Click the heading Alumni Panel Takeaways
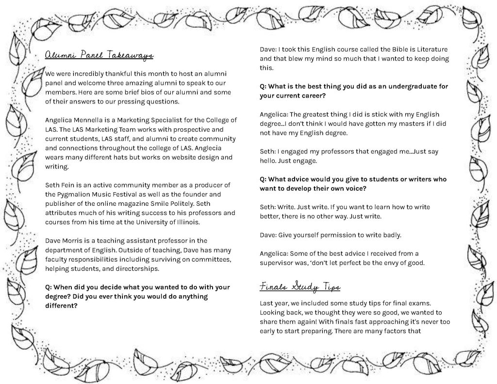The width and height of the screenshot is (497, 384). (x=99, y=56)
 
